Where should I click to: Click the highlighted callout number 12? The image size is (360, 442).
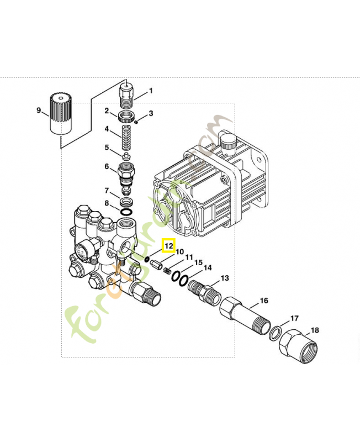168,245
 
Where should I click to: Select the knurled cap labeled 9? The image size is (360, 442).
61,113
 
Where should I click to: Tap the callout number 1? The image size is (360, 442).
151,91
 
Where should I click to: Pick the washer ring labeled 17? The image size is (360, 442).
275,333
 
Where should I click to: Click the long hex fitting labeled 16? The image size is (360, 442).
244,315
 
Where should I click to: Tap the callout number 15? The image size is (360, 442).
198,262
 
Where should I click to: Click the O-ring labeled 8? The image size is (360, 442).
126,212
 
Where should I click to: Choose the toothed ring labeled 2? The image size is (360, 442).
128,117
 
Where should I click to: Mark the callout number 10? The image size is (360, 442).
179,252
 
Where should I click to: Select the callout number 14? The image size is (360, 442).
207,268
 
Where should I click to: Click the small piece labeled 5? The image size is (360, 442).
126,155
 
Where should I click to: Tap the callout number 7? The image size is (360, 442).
107,191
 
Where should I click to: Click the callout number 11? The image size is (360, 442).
189,257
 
